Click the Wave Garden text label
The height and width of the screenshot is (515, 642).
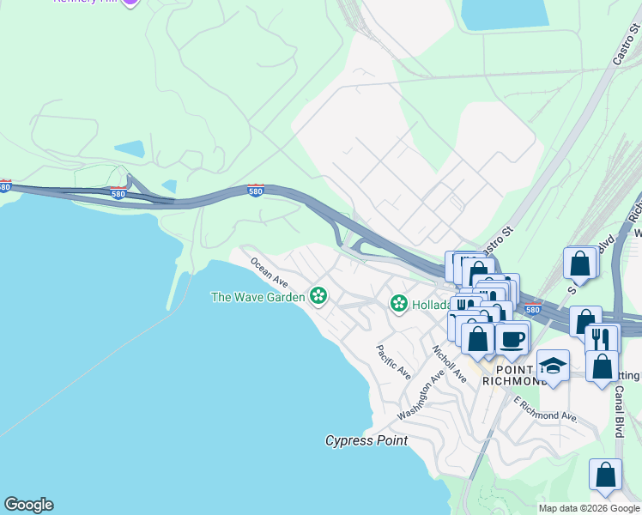[x=257, y=297]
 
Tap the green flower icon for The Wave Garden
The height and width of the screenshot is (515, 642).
[x=318, y=297]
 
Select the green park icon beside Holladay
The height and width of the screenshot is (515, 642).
[x=398, y=303]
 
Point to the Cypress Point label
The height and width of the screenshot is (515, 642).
[x=366, y=440]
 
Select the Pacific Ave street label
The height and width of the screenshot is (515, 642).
[x=392, y=363]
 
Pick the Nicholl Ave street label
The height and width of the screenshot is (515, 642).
[x=449, y=364]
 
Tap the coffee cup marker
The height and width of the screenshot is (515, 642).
[x=512, y=336]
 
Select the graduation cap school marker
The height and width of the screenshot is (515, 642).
[x=553, y=366]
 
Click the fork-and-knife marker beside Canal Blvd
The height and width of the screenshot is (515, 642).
[x=602, y=338]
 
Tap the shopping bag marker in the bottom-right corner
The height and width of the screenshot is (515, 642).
[x=605, y=475]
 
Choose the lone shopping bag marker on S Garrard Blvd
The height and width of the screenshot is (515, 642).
[x=580, y=264]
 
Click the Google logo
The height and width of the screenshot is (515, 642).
[x=28, y=505]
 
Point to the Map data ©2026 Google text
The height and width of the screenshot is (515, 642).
[x=589, y=508]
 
